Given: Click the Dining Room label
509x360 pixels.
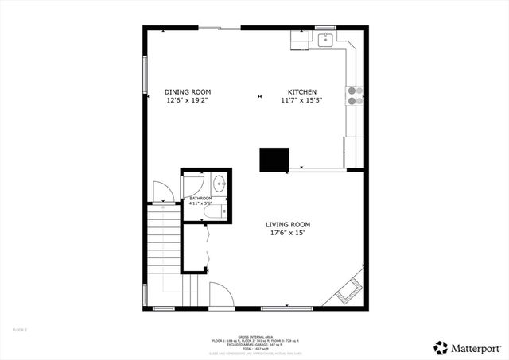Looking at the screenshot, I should [188, 92].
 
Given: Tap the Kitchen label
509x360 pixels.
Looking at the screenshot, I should [302, 92].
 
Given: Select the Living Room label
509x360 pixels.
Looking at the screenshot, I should [287, 225].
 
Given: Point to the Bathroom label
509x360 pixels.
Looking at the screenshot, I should [200, 198].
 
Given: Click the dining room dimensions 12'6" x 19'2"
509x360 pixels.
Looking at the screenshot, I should [188, 101].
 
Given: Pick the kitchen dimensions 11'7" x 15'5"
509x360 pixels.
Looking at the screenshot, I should [302, 101].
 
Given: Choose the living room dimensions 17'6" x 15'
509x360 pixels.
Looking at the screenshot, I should [287, 234].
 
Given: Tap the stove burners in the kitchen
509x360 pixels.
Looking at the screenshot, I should [354, 95].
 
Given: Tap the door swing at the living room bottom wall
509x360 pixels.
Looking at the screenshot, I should [220, 296].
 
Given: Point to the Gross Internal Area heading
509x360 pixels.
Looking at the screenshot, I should [254, 335].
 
